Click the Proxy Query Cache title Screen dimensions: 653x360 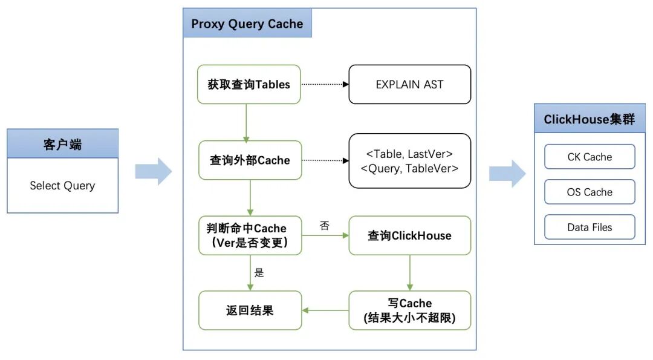(247, 24)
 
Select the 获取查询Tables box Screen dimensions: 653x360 (249, 84)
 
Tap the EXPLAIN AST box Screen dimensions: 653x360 (410, 84)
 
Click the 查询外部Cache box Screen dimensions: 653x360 (250, 160)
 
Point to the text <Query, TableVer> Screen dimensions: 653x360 (409, 168)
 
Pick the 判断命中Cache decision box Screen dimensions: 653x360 (250, 235)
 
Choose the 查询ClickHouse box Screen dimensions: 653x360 (410, 235)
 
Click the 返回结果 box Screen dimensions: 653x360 (250, 310)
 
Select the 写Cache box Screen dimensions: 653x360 (410, 310)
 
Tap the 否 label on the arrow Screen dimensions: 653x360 (325, 226)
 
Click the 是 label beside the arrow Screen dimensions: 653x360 (259, 272)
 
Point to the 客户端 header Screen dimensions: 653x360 (62, 144)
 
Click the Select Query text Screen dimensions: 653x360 (62, 185)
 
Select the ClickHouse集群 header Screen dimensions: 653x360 (590, 119)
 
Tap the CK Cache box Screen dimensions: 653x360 (590, 157)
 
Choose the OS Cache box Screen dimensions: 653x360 (590, 192)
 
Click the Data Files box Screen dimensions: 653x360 (590, 227)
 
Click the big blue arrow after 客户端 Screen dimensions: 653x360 (154, 171)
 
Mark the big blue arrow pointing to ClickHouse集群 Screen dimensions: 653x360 (508, 173)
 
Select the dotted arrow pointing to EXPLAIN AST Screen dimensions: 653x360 (325, 84)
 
